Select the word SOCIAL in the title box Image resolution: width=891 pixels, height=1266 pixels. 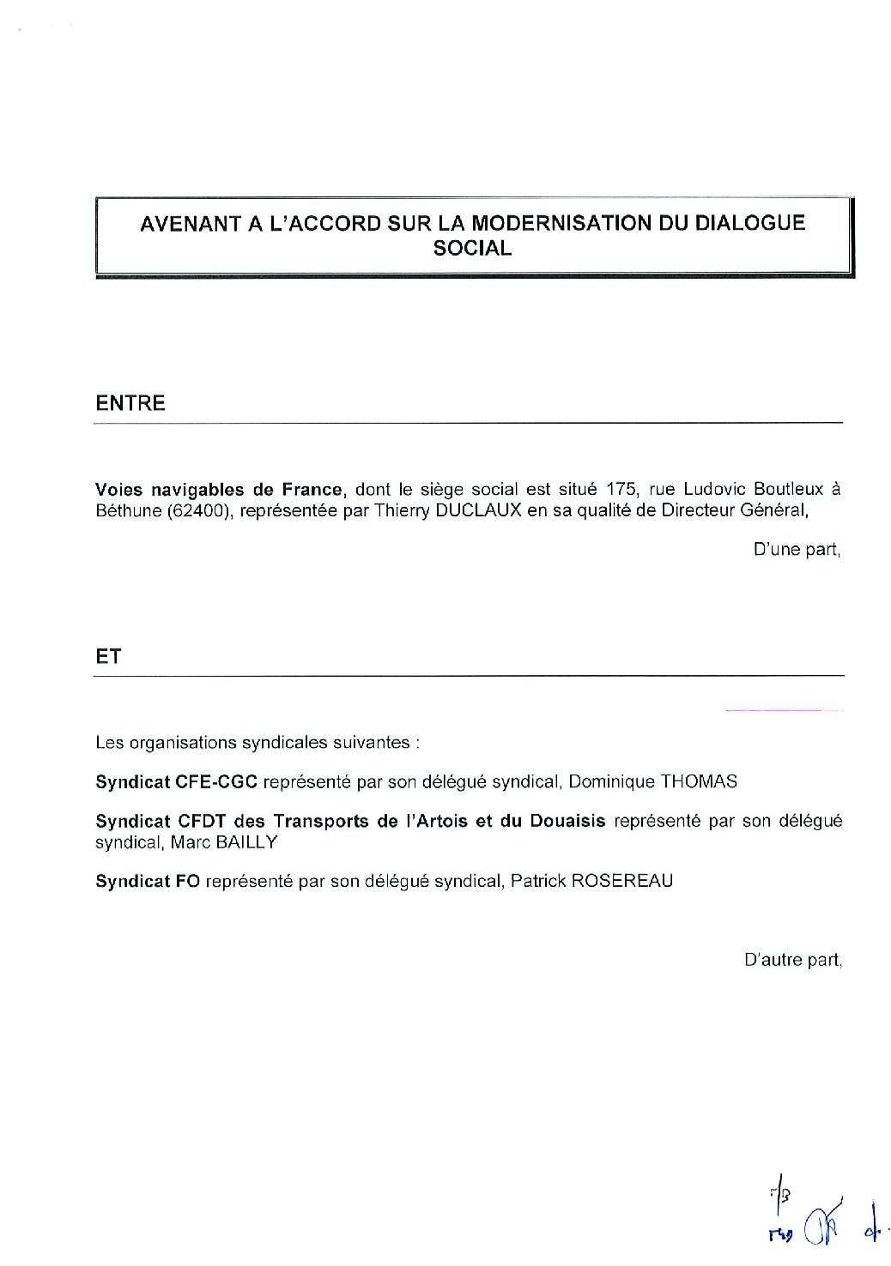(472, 249)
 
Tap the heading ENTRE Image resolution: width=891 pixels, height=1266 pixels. (130, 403)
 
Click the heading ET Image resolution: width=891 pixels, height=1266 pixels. (109, 657)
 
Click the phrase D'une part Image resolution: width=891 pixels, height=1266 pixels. (796, 550)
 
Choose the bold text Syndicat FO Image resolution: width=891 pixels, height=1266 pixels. (148, 881)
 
